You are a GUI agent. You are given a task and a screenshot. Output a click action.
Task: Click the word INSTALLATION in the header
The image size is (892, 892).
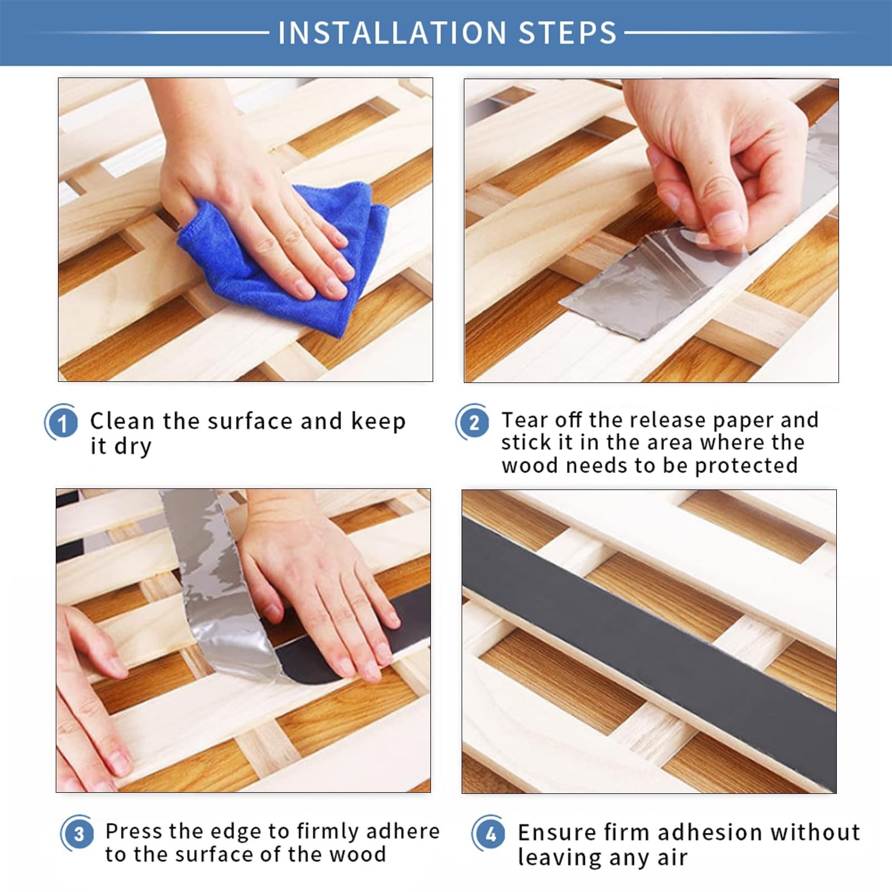point(392,32)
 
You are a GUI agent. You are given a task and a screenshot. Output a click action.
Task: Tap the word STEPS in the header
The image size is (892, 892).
point(568,32)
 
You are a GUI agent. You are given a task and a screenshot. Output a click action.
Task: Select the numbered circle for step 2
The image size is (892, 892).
point(473,422)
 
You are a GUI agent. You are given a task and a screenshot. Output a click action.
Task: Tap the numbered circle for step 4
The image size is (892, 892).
point(490,834)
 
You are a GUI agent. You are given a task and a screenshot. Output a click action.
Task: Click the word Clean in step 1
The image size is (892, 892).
point(122,421)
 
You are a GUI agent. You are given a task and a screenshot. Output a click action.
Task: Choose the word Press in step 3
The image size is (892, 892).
point(134,831)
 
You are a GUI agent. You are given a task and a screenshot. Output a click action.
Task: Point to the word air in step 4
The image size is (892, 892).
point(672,858)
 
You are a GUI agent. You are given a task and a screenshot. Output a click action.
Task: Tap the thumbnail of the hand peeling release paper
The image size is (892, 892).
point(651,230)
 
